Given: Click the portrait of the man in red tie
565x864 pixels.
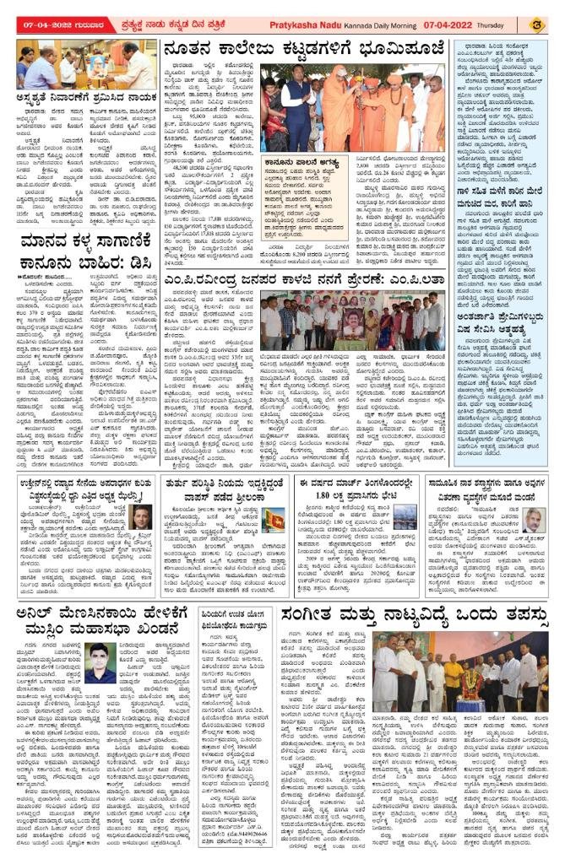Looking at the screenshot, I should tap(142, 516).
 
